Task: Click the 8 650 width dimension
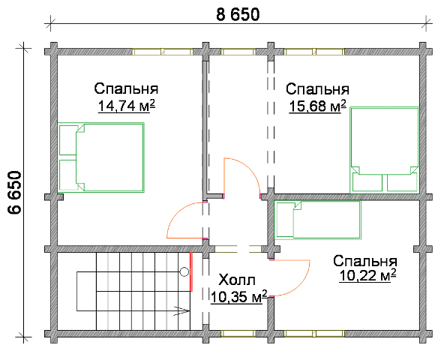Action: tap(238, 14)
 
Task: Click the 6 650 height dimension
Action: tap(14, 193)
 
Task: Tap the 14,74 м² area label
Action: tap(127, 106)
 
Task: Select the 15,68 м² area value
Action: tap(318, 106)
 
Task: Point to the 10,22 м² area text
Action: tap(367, 275)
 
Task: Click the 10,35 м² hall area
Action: tap(239, 297)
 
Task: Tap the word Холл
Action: tap(237, 280)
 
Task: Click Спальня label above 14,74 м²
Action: tap(126, 88)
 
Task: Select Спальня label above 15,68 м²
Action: tap(317, 89)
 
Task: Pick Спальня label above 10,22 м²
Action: tap(365, 261)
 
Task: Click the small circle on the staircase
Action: tap(184, 272)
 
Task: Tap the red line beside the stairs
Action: tap(191, 271)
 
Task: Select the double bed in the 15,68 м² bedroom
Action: tap(385, 150)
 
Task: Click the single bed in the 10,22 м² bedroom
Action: tap(317, 220)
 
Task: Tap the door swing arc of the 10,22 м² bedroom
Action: tap(302, 286)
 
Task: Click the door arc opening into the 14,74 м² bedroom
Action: tap(175, 213)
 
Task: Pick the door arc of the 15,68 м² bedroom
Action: tap(250, 169)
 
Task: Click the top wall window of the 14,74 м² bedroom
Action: tap(163, 52)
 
